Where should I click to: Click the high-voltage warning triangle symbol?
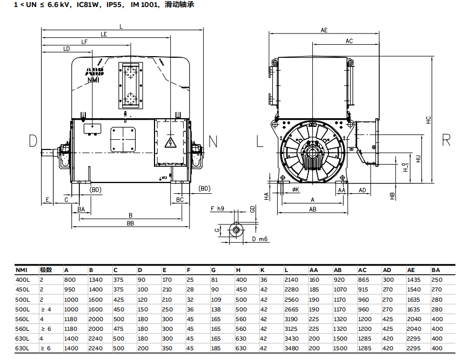point(172,143)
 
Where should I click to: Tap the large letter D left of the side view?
point(33,141)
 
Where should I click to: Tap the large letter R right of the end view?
point(446,140)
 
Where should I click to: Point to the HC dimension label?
point(428,120)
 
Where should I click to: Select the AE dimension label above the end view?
point(324,30)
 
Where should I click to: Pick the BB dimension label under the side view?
point(130,222)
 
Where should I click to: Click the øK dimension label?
point(296,190)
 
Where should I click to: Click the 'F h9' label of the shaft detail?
point(217,208)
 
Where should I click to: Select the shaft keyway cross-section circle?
point(236,230)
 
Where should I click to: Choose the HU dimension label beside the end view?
point(418,158)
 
